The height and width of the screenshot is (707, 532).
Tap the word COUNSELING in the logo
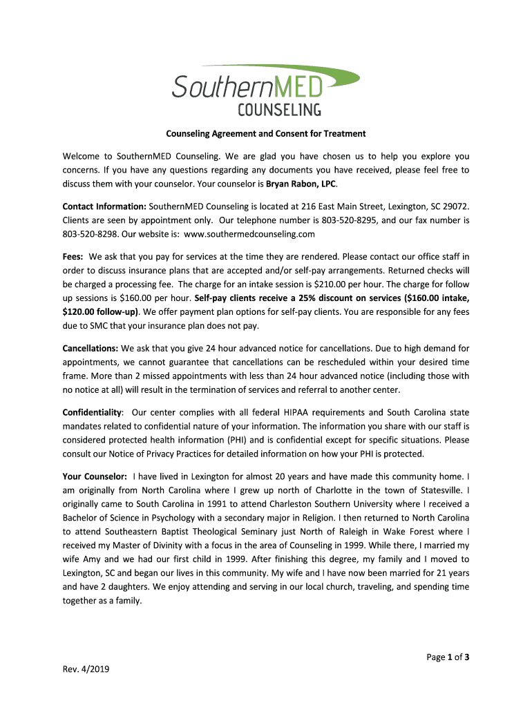point(279,109)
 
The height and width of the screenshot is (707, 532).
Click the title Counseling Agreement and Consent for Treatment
point(265,133)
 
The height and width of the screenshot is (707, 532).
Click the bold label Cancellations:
point(91,349)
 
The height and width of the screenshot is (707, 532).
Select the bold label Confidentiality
point(92,412)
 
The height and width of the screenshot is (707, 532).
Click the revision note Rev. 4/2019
point(86,669)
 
